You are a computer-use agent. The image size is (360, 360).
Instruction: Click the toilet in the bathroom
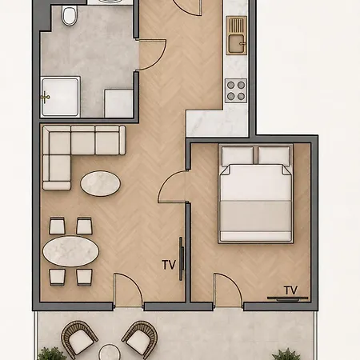tap(70, 16)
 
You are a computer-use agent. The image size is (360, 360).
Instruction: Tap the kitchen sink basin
tap(237, 44)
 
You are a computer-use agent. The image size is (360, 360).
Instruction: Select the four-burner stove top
tap(236, 90)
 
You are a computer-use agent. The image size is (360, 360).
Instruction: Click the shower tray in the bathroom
tap(61, 97)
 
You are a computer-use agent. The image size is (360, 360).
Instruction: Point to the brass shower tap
tap(46, 97)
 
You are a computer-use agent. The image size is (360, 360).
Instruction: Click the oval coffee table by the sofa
tap(100, 183)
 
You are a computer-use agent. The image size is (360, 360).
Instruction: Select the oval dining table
tap(71, 251)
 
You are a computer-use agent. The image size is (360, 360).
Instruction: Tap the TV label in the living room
tap(169, 265)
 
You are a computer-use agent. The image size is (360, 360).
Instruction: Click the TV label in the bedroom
tap(290, 290)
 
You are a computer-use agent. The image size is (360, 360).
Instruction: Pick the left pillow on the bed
tap(238, 155)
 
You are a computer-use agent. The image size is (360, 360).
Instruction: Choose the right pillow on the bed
tap(274, 155)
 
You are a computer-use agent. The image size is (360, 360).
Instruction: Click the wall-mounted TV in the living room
tap(182, 258)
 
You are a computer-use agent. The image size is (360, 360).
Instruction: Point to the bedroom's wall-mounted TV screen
tap(287, 298)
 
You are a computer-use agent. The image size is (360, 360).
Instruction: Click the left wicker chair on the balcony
tap(79, 339)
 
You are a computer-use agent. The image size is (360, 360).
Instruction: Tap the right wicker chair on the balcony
tap(140, 339)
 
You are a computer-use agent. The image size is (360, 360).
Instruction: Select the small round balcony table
tap(110, 353)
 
